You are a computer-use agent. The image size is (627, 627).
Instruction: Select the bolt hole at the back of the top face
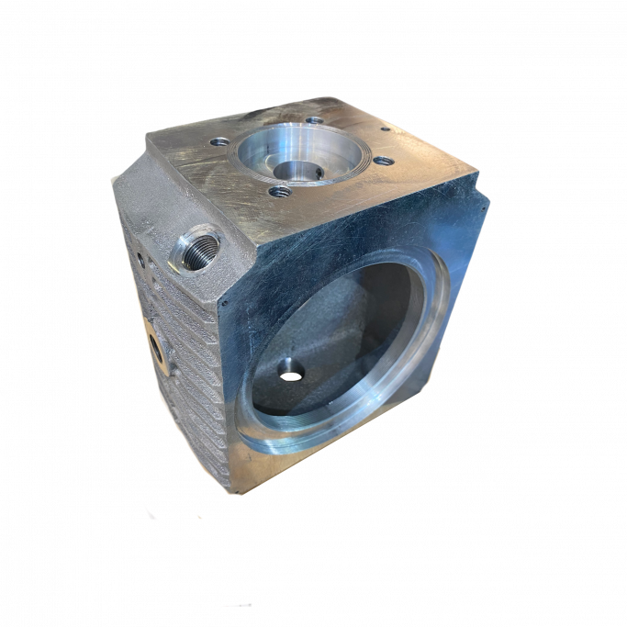pos(314,120)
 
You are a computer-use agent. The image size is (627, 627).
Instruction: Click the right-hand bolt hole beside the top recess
pos(385,162)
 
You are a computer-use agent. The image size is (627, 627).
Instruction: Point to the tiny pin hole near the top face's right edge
pos(385,131)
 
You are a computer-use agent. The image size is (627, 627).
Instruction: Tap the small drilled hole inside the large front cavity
pos(291,370)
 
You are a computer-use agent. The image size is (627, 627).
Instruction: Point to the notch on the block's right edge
pos(481,195)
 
